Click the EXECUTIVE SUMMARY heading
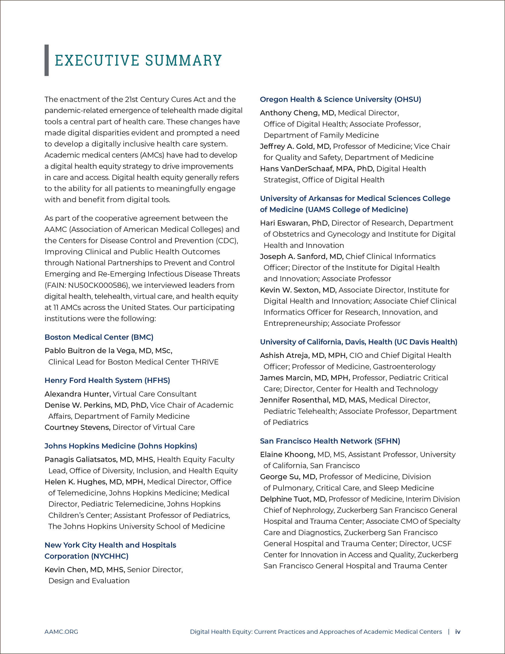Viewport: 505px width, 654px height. point(138,61)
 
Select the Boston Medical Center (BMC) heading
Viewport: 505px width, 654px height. point(99,337)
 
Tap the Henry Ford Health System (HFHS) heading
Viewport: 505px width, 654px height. point(107,380)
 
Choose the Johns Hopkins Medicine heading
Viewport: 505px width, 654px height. point(121,446)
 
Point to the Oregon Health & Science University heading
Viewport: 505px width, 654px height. point(340,99)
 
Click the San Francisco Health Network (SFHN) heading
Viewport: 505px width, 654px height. point(330,441)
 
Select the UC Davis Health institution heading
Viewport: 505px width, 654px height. point(358,342)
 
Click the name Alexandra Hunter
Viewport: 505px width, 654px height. point(78,394)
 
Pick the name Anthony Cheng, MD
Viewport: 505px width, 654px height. point(297,113)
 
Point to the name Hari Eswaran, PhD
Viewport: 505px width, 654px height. point(295,223)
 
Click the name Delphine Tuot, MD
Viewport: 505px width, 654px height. point(293,499)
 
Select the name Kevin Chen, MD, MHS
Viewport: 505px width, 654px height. point(85,570)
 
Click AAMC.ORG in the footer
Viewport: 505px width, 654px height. point(61,632)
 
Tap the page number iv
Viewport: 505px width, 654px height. point(458,632)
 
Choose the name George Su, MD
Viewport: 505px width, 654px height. point(288,477)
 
